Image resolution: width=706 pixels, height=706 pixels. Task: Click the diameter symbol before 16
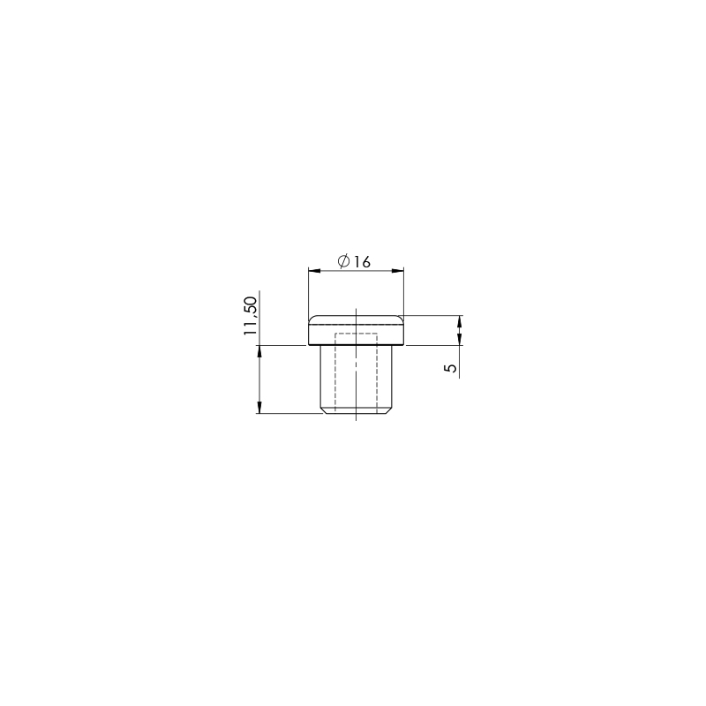coord(344,261)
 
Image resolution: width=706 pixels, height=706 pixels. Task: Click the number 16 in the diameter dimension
coord(362,261)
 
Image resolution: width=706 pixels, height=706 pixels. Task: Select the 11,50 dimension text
coord(250,316)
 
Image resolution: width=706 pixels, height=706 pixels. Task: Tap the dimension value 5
coord(450,368)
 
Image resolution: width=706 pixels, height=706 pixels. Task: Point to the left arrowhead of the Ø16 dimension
coord(314,271)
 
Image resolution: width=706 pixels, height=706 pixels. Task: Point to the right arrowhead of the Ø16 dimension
coord(398,271)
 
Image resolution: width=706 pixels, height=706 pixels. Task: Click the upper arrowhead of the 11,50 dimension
coord(259,351)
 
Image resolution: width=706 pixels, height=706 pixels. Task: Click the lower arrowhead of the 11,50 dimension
coord(259,408)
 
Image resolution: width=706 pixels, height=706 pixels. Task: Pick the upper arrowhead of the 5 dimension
coord(459,321)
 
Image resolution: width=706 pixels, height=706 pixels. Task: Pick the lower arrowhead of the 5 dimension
coord(459,340)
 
